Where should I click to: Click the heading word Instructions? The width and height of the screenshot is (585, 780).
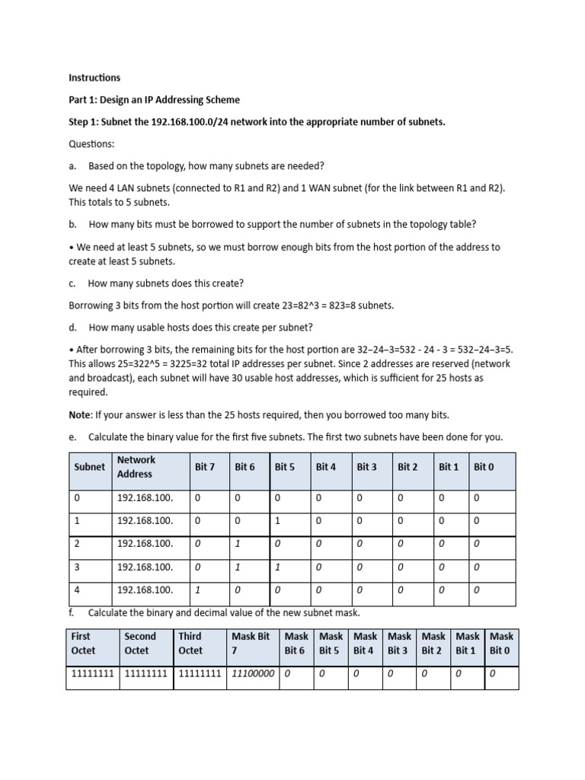click(94, 78)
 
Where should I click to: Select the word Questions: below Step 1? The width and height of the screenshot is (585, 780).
click(91, 144)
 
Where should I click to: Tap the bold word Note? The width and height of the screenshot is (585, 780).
click(81, 414)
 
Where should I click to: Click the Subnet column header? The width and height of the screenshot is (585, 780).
click(89, 467)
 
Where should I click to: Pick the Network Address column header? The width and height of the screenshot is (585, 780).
click(136, 467)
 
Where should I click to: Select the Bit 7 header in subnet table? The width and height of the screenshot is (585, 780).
click(205, 467)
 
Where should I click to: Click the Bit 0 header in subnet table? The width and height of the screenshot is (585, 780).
click(484, 467)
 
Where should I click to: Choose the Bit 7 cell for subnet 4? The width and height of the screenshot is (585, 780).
click(197, 590)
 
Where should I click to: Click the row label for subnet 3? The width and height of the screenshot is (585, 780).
click(77, 567)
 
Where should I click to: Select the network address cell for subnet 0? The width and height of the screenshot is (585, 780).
click(145, 498)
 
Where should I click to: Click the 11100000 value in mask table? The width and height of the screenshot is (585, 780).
click(253, 674)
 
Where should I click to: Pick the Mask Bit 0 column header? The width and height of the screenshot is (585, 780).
click(501, 644)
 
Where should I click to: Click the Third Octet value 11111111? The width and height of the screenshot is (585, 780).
click(200, 674)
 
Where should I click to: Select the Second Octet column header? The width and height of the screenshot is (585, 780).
click(140, 644)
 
